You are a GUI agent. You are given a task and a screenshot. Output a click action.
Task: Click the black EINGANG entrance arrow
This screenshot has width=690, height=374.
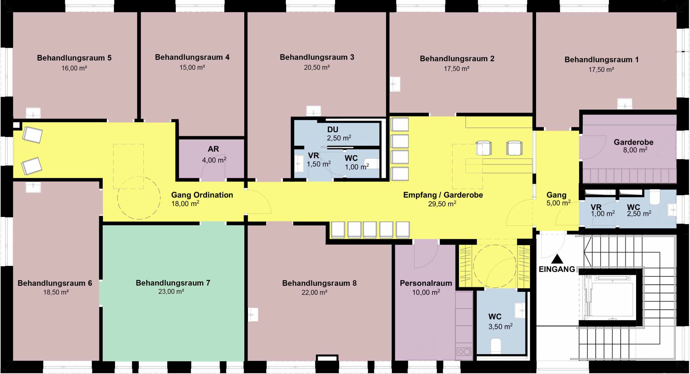tap(557, 259)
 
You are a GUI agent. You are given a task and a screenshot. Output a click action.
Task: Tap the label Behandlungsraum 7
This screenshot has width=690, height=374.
tap(173, 283)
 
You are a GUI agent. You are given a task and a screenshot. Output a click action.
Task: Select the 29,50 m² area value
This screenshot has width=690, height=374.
tap(442, 204)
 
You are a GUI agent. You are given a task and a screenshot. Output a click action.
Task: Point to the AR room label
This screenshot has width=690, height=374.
tap(213, 149)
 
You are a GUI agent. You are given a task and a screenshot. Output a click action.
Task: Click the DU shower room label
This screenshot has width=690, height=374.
tap(333, 130)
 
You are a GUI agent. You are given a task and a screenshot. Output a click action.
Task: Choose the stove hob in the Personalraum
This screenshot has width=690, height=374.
tap(464, 352)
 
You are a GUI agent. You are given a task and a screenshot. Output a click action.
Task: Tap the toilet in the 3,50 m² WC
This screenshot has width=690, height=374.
tap(496, 346)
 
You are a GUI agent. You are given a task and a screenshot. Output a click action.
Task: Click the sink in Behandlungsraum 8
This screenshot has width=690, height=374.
tap(253, 314)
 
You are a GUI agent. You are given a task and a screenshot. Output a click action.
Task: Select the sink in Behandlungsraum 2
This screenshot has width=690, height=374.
tap(395, 84)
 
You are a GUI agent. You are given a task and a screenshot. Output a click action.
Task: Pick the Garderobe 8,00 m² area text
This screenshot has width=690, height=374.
tap(635, 150)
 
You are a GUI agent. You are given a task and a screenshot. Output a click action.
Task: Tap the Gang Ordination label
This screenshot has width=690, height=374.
tap(202, 195)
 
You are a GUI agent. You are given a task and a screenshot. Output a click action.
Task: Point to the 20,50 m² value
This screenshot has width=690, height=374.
tap(317, 67)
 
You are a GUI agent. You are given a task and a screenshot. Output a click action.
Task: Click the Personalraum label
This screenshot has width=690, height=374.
tap(426, 283)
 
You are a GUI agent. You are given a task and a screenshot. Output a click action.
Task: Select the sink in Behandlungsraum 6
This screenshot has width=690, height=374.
tap(33, 187)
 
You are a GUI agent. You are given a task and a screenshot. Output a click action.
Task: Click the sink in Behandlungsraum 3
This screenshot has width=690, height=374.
tap(313, 111)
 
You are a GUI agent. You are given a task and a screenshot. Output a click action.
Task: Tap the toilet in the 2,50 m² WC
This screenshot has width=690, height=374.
tap(654, 197)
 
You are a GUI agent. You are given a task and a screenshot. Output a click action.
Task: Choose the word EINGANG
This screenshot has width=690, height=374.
tap(557, 269)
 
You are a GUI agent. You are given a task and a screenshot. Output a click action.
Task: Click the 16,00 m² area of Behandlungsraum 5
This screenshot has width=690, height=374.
tap(74, 68)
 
